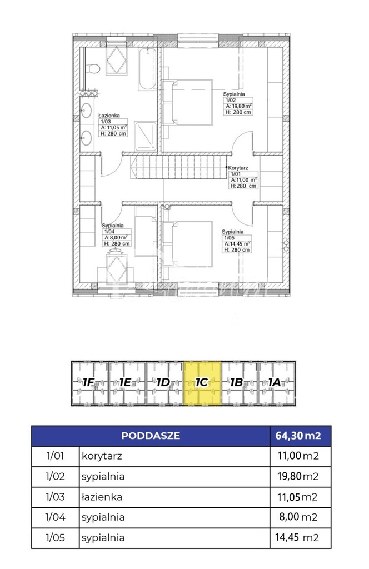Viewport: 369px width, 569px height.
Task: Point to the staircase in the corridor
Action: click(x=177, y=167)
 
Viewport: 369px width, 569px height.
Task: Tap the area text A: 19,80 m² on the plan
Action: click(x=238, y=106)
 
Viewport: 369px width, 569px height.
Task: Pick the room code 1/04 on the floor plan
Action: click(x=107, y=231)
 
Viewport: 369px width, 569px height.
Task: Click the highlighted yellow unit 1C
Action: click(x=202, y=382)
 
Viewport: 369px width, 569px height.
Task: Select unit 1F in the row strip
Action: click(x=89, y=382)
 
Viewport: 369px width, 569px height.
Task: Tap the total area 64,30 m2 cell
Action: click(x=300, y=436)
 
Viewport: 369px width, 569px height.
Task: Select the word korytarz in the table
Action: click(x=102, y=456)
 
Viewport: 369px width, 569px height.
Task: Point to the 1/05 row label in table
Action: click(x=55, y=537)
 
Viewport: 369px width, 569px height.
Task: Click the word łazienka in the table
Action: click(x=102, y=497)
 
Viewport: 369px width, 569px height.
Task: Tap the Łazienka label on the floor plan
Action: click(x=108, y=116)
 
